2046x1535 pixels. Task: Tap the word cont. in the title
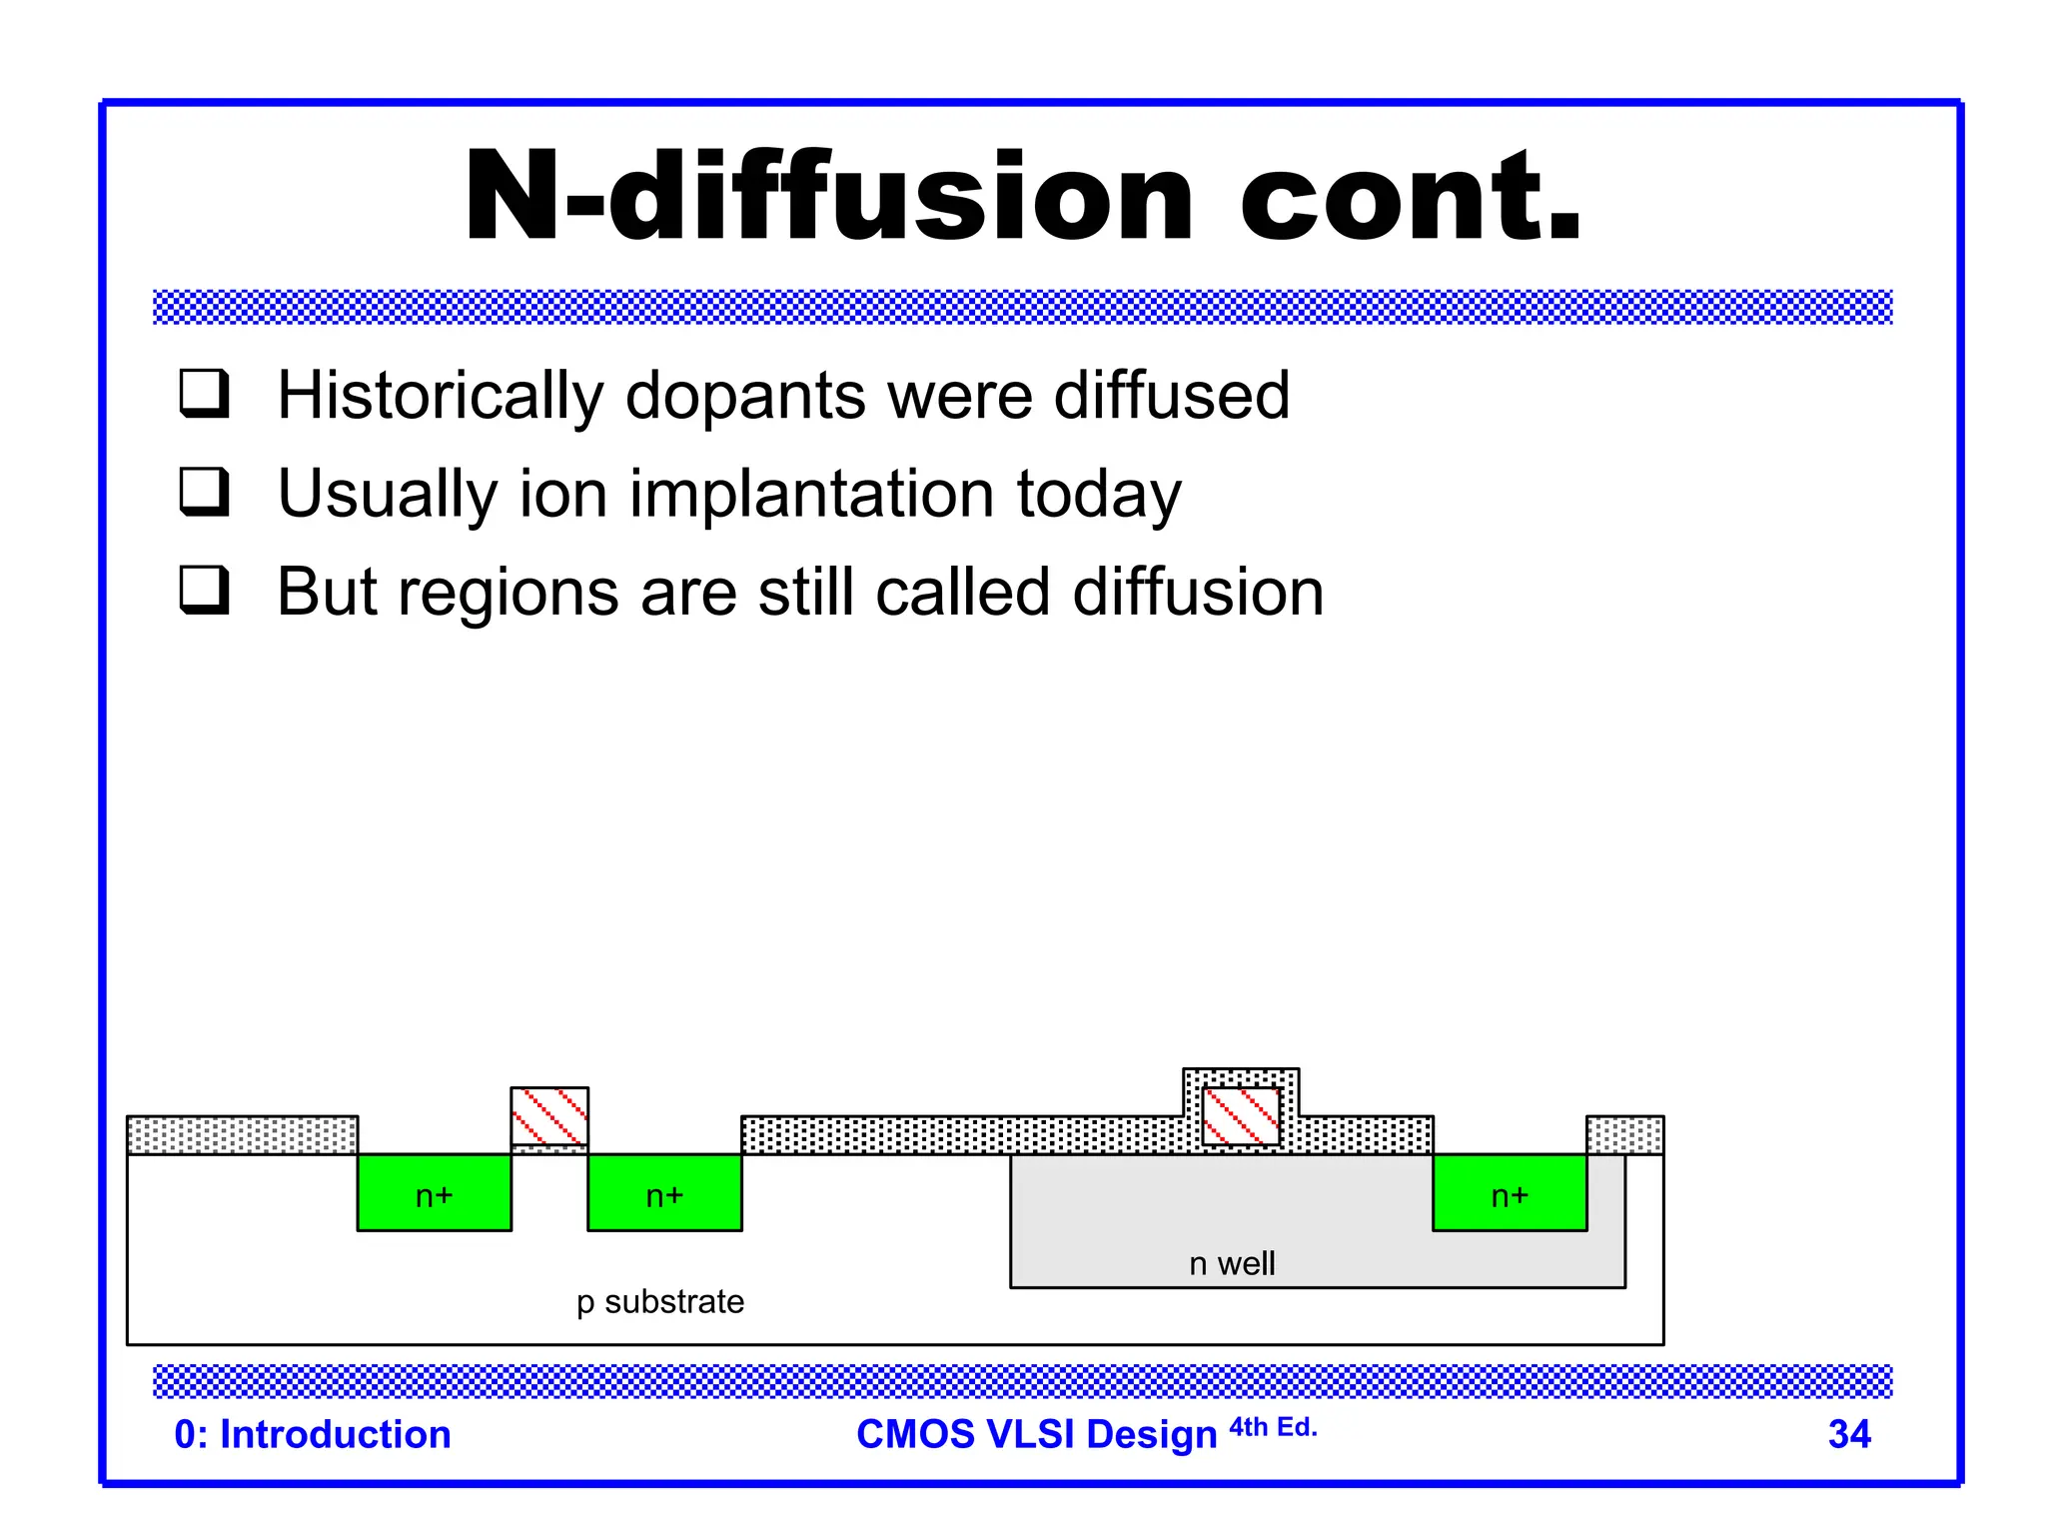1410,197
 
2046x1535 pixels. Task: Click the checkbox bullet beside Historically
205,393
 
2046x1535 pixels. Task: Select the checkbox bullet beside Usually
205,491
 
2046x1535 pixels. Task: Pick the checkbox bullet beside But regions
205,590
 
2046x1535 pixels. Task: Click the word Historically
440,396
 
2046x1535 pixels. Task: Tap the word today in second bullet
1098,494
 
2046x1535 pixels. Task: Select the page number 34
1848,1434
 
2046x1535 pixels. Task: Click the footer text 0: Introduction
313,1434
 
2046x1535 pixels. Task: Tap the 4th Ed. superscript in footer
1273,1427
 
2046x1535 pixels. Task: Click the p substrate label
660,1302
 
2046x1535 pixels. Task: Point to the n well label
1232,1264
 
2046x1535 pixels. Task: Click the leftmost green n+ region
434,1193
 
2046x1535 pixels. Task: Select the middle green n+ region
664,1193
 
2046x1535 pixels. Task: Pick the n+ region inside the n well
1509,1193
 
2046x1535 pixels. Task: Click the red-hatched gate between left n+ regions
549,1116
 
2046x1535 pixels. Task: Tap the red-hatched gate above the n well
1241,1116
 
